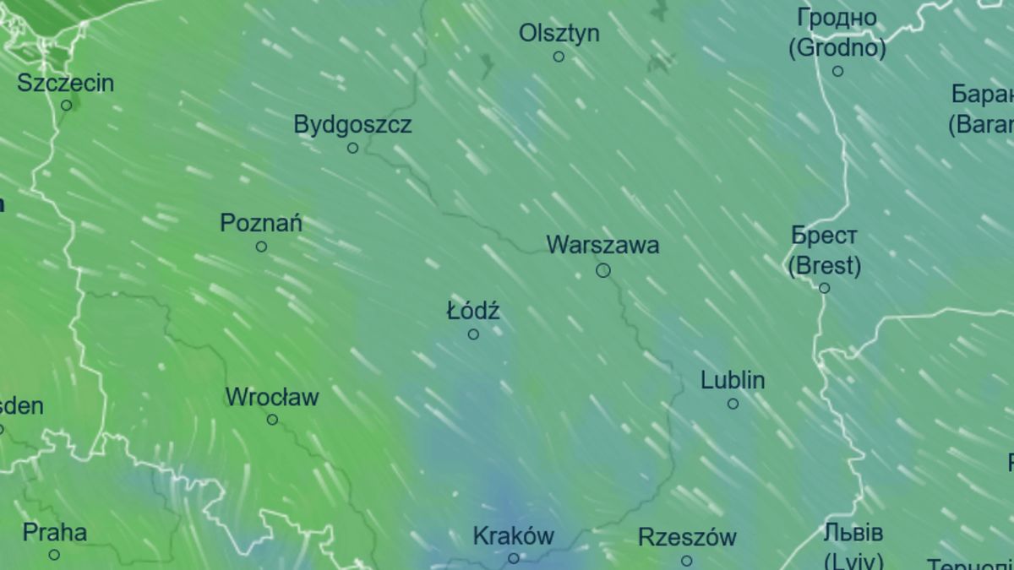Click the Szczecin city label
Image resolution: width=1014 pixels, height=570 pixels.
[65, 84]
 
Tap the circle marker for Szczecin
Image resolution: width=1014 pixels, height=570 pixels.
[67, 106]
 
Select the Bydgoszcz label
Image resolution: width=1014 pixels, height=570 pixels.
[352, 125]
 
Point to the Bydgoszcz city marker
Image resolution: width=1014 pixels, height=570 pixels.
[353, 148]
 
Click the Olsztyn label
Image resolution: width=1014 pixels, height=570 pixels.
[559, 34]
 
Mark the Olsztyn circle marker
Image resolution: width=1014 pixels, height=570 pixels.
[559, 57]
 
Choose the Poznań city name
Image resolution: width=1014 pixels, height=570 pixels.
[260, 224]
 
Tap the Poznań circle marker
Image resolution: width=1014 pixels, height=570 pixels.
[261, 247]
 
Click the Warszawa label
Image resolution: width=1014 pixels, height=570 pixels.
[602, 246]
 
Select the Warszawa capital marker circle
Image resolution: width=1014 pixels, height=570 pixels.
[603, 270]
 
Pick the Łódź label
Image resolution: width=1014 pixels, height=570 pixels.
[473, 311]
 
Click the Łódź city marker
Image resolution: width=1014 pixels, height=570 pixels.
[473, 334]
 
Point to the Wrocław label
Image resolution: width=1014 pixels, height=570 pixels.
[271, 397]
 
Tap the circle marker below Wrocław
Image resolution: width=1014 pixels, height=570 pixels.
[272, 420]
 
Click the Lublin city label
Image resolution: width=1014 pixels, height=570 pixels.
[733, 381]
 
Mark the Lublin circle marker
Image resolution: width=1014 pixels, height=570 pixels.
[733, 404]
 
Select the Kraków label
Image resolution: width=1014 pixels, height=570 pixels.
[513, 536]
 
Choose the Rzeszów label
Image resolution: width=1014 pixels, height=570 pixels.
[686, 537]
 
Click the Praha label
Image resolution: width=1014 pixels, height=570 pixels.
[54, 533]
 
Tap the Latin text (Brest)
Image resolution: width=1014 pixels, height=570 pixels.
[824, 267]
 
